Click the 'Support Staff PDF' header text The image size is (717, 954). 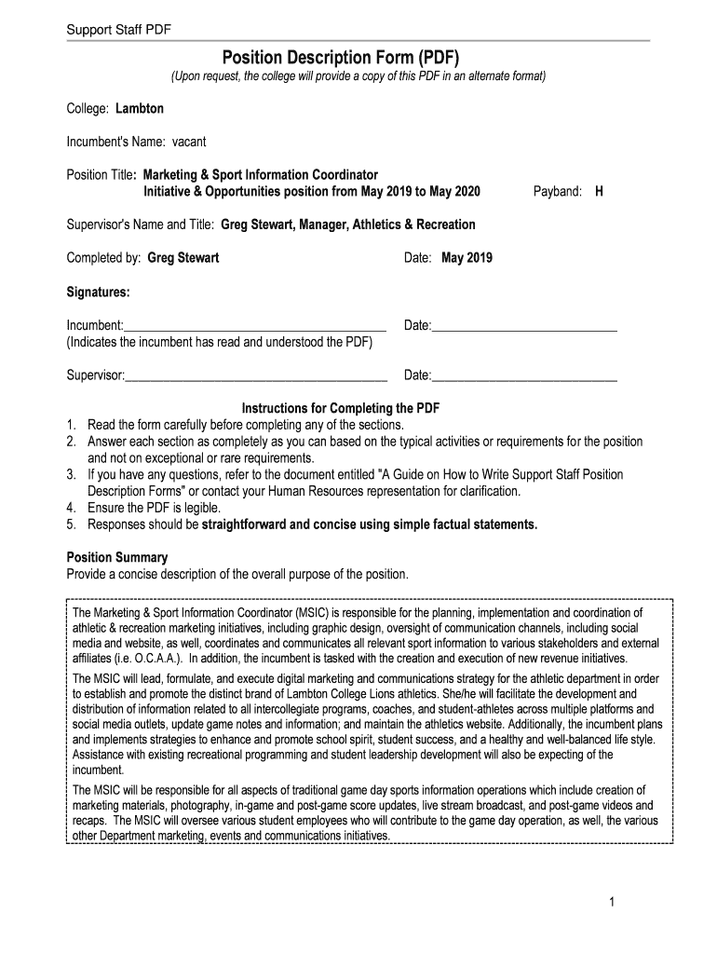pos(119,31)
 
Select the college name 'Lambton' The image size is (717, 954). pos(140,109)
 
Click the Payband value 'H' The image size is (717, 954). pos(599,191)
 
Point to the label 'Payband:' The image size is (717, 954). pos(558,191)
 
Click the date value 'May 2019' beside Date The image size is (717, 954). pos(467,258)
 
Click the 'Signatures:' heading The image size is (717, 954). pos(98,292)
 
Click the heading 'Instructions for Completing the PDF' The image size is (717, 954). pos(341,408)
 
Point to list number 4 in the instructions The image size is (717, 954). pos(71,508)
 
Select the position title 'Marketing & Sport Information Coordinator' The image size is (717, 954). pos(261,174)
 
